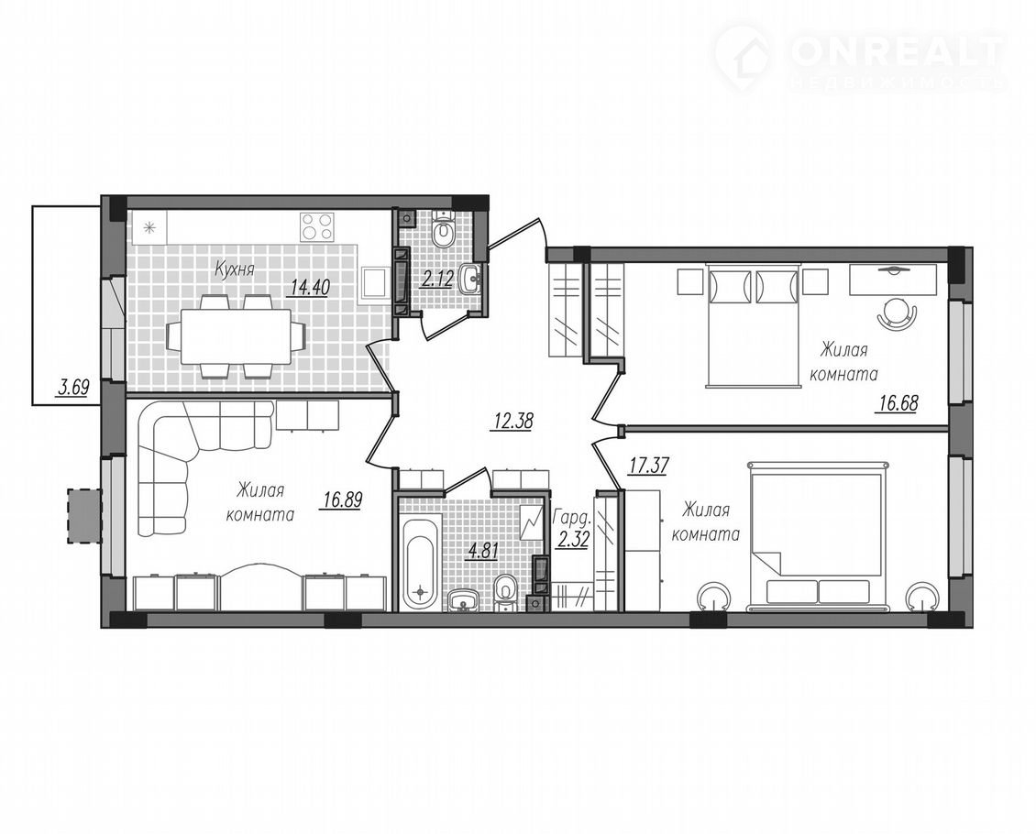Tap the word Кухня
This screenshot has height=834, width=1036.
[235, 269]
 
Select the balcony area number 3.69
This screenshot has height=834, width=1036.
[72, 386]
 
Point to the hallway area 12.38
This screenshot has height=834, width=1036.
[512, 421]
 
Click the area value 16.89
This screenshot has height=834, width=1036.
[342, 500]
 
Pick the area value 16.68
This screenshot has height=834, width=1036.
[898, 402]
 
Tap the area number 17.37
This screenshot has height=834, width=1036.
[649, 466]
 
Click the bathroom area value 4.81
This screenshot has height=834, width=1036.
[480, 549]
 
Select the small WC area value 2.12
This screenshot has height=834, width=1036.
[437, 280]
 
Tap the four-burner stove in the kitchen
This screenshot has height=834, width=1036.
[316, 226]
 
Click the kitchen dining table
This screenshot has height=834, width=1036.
[236, 336]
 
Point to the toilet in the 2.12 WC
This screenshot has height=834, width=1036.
[441, 230]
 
